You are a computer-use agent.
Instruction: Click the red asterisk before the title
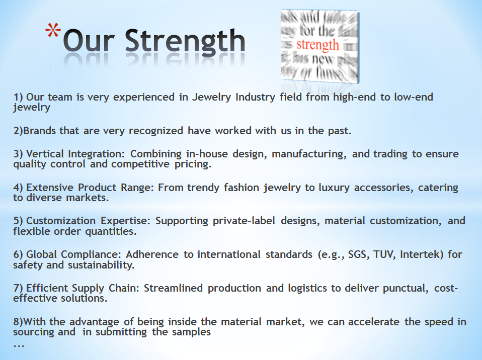click(52, 31)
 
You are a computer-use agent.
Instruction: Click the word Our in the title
click(89, 41)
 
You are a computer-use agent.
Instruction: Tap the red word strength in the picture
click(317, 45)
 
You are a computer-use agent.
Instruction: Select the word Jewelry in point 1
click(211, 97)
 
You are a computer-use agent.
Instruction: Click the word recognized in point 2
click(156, 131)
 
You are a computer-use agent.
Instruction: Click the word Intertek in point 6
click(422, 254)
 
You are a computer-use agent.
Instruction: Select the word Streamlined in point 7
click(173, 288)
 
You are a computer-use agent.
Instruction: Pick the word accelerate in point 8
click(373, 322)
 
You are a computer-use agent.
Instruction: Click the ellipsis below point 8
click(19, 346)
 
